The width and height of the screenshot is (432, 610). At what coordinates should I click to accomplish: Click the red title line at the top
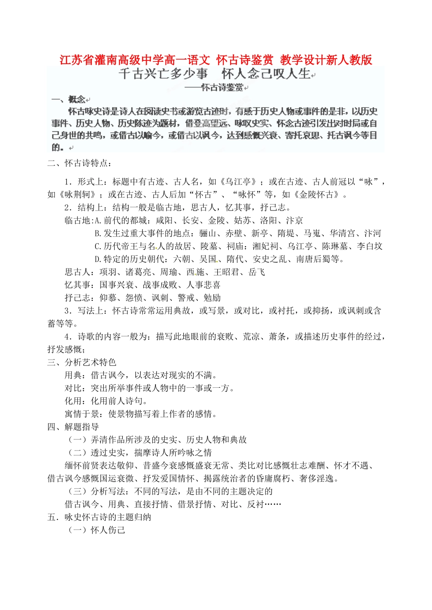click(216, 60)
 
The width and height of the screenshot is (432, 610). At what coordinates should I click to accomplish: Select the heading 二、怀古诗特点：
click(80, 163)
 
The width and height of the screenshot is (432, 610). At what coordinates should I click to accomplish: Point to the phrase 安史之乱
click(270, 259)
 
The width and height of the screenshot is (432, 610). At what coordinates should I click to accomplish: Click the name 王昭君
click(226, 272)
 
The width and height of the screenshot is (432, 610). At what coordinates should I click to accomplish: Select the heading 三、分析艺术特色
click(82, 362)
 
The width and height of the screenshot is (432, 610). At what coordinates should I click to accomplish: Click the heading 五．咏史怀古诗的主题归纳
click(100, 517)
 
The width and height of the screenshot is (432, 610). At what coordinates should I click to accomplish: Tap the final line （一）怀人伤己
click(96, 530)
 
